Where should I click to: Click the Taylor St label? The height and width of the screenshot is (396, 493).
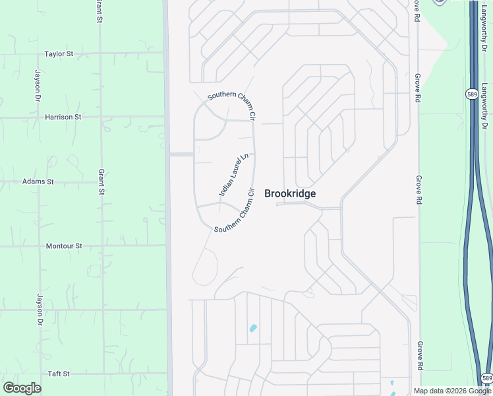click(x=59, y=54)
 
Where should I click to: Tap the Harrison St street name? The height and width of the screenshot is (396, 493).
click(x=63, y=117)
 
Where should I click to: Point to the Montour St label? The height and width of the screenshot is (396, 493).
click(x=64, y=246)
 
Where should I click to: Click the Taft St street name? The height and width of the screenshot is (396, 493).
click(x=59, y=374)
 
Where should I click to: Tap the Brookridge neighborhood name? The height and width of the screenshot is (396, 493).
click(x=290, y=194)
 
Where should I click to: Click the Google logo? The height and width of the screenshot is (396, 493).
click(x=22, y=388)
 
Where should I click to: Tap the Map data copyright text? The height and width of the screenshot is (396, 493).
click(x=453, y=391)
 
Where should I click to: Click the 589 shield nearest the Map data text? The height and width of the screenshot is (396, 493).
click(x=486, y=378)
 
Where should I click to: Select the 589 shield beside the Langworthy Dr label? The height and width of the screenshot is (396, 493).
click(x=471, y=94)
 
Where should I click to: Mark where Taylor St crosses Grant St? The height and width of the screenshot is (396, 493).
click(x=101, y=54)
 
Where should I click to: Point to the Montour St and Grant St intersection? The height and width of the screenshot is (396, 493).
click(x=102, y=246)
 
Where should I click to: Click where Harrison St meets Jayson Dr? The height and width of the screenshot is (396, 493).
click(x=38, y=117)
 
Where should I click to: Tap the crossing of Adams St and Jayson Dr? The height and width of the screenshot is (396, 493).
click(x=38, y=181)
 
